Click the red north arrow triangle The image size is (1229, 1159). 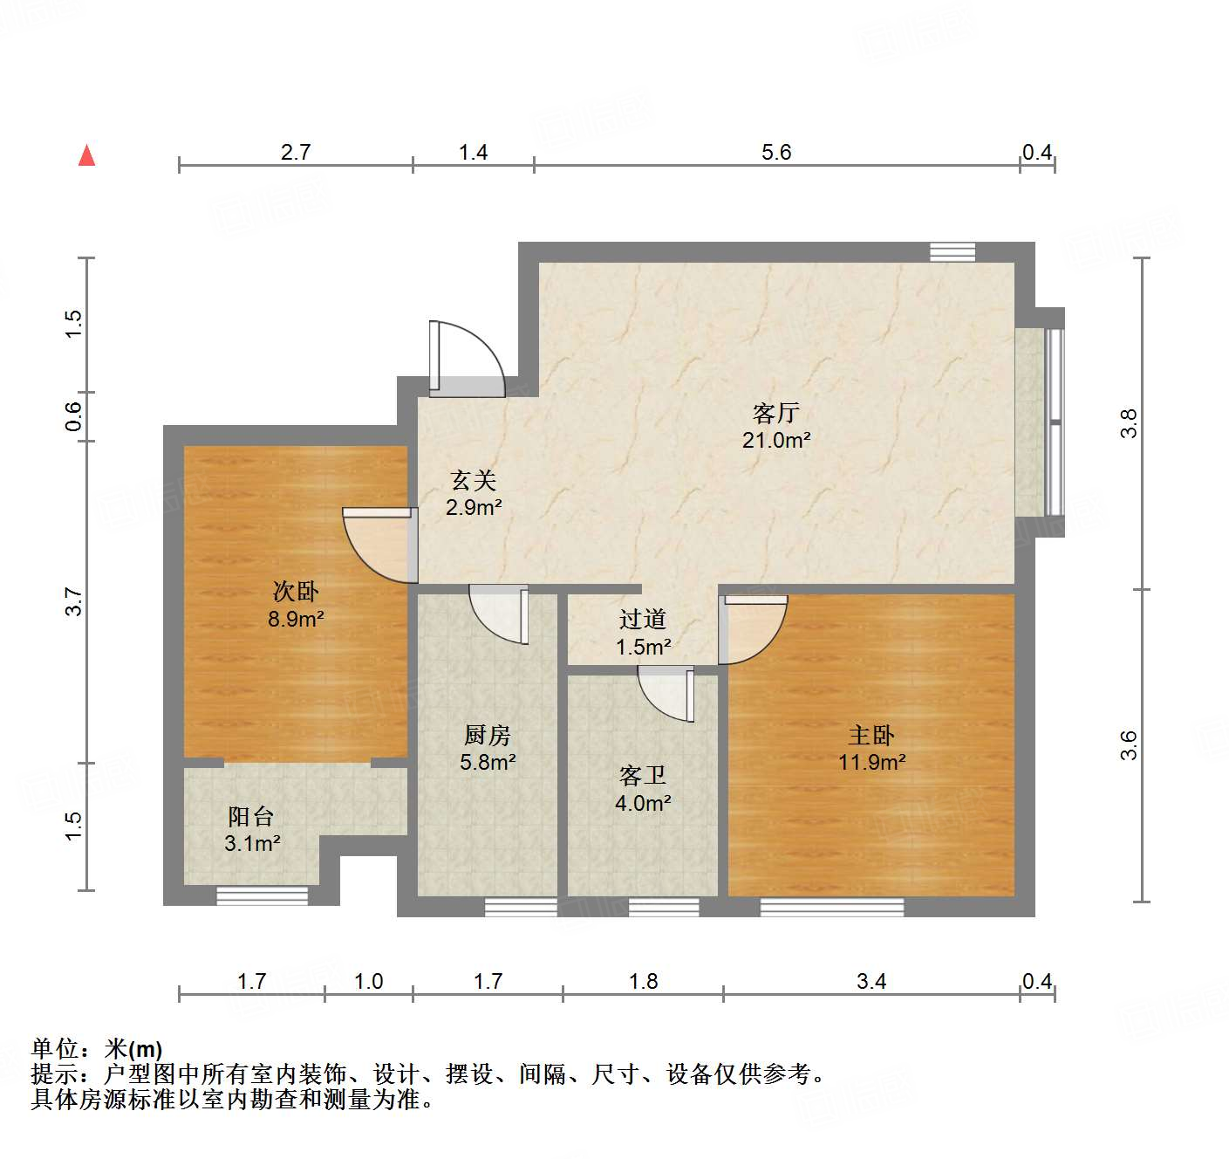(x=86, y=155)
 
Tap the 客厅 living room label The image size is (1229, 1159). (x=775, y=413)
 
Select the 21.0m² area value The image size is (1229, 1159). (x=775, y=440)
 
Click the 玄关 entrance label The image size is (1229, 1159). (x=474, y=480)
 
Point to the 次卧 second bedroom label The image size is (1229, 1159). (x=296, y=592)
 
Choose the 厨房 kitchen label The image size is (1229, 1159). (x=488, y=735)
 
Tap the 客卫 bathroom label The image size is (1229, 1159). (x=643, y=775)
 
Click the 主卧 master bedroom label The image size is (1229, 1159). (x=871, y=735)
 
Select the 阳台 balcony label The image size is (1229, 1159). (x=251, y=816)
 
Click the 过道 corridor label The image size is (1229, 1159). (x=643, y=619)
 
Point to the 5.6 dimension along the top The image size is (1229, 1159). (x=775, y=153)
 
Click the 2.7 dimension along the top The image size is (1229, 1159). (x=296, y=153)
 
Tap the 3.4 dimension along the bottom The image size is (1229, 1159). (x=871, y=982)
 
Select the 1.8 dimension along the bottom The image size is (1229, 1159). (x=643, y=982)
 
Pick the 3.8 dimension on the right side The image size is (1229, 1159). (x=1129, y=423)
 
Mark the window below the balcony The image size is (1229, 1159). (x=262, y=895)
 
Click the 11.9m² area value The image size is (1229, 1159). (x=871, y=762)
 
